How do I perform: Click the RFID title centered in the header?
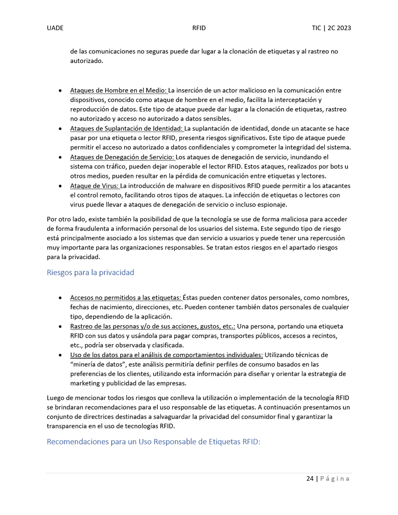click(199, 28)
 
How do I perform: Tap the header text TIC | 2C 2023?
click(331, 28)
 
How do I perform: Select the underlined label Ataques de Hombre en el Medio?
click(118, 90)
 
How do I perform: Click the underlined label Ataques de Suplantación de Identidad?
click(127, 129)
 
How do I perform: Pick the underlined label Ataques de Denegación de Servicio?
click(122, 157)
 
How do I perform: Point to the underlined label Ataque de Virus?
click(95, 186)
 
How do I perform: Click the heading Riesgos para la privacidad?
click(90, 272)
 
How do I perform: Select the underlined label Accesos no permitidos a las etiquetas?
click(126, 297)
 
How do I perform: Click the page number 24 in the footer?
click(310, 478)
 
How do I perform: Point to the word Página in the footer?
click(335, 478)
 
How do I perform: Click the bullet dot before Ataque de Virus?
click(59, 186)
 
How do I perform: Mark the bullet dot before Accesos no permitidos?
click(59, 298)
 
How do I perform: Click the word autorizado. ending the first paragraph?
click(87, 61)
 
